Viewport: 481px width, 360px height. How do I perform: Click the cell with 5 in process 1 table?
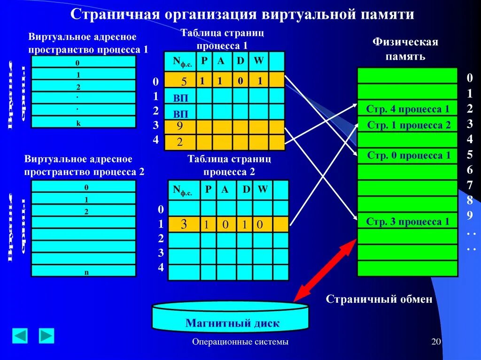pyautogui.click(x=180, y=81)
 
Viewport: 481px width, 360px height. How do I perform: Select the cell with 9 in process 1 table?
pyautogui.click(x=180, y=127)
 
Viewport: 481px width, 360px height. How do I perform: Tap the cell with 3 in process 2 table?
pyautogui.click(x=184, y=224)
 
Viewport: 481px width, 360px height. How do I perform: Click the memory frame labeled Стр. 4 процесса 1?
pyautogui.click(x=408, y=109)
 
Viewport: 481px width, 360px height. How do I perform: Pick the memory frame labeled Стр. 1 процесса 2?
pyautogui.click(x=408, y=125)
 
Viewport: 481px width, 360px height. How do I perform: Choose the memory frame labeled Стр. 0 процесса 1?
pyautogui.click(x=408, y=155)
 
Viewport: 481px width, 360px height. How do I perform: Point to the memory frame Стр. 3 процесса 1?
pyautogui.click(x=408, y=222)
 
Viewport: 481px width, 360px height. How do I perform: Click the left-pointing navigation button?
pyautogui.click(x=20, y=336)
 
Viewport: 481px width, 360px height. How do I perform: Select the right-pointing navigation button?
pyautogui.click(x=47, y=336)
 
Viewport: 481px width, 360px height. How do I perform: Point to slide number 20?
pyautogui.click(x=436, y=342)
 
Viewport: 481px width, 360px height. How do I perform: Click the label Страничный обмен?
pyautogui.click(x=379, y=299)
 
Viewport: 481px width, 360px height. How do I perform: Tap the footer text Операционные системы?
pyautogui.click(x=240, y=342)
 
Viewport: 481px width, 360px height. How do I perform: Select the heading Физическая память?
pyautogui.click(x=405, y=49)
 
